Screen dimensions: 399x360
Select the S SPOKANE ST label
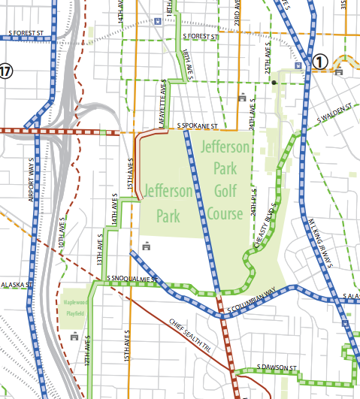197,125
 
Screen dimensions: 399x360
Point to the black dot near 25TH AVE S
274,82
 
